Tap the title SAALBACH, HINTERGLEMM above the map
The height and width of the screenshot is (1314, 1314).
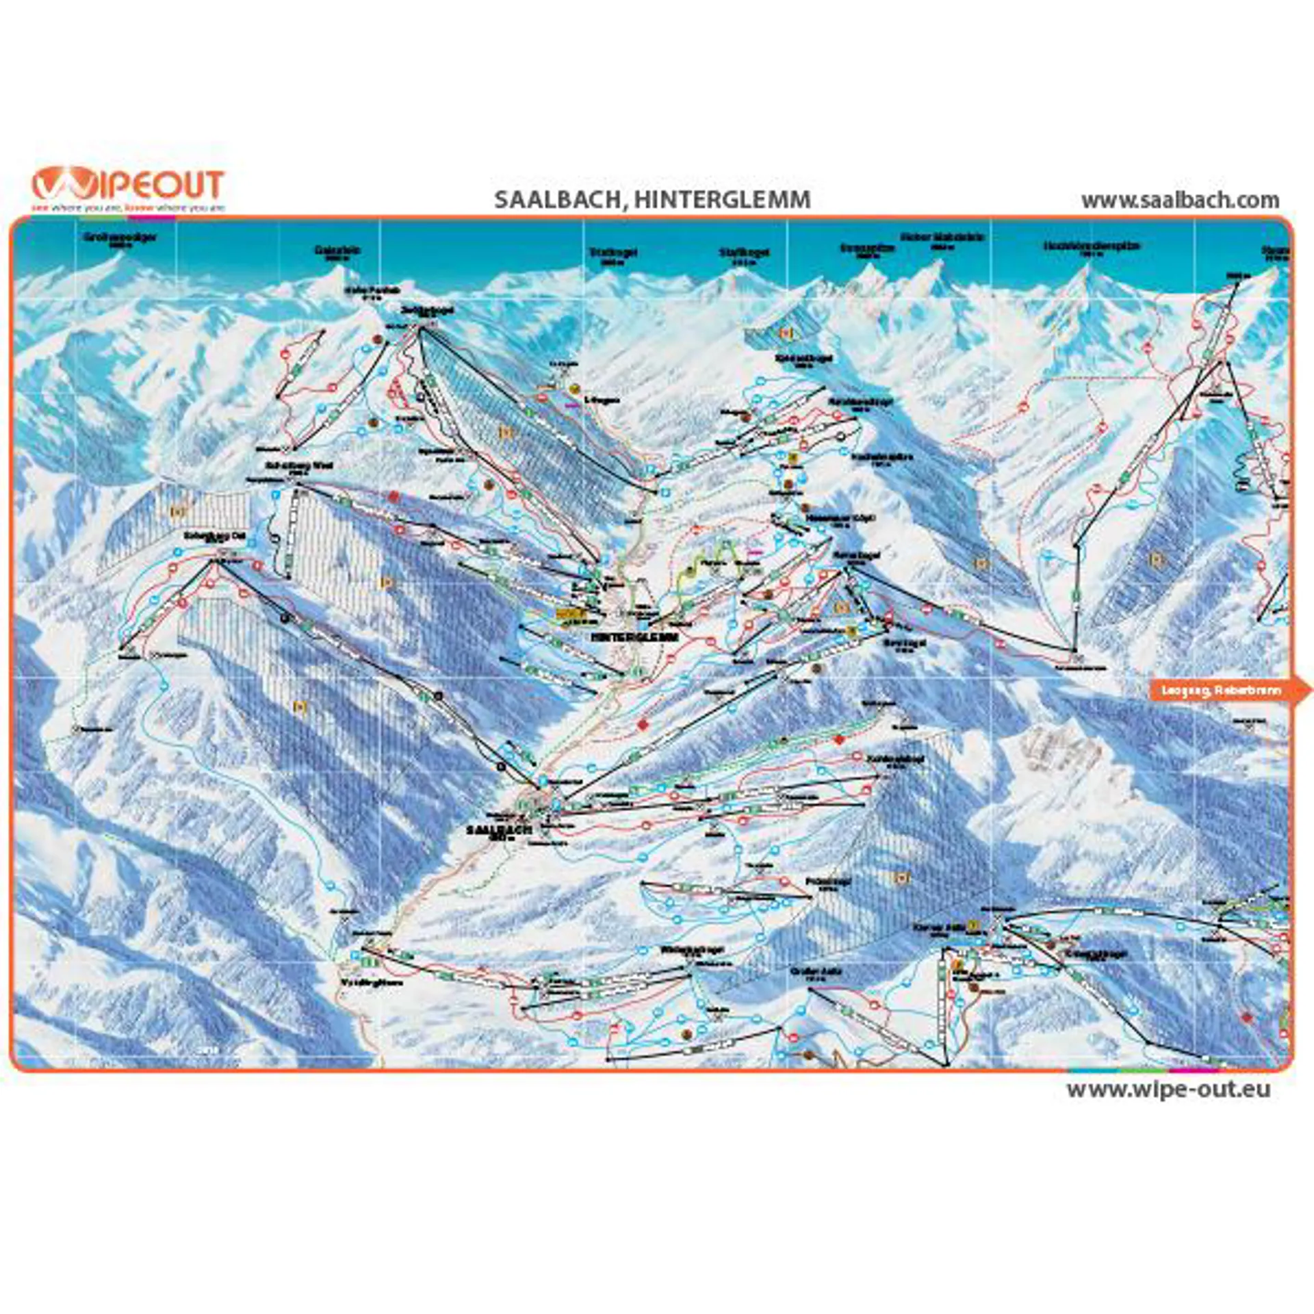pos(652,200)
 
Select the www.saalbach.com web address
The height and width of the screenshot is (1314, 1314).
pos(1180,201)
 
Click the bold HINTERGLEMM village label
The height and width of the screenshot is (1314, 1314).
pos(634,636)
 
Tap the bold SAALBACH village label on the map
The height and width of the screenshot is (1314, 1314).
pos(499,829)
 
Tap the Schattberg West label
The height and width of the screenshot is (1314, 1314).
pos(299,465)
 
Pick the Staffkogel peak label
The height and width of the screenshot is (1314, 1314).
pos(744,253)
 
